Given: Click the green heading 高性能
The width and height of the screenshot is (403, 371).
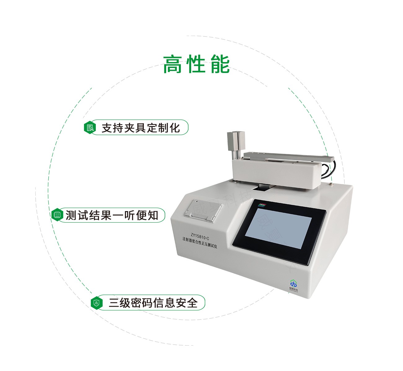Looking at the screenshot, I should (197, 65).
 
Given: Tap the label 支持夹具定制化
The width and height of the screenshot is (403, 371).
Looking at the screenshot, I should (141, 128).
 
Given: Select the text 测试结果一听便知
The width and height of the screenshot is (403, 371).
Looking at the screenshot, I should (112, 215).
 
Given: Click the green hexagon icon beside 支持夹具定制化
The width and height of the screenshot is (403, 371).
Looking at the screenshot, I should (90, 128).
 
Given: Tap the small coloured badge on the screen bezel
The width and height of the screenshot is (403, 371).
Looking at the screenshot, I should (262, 205).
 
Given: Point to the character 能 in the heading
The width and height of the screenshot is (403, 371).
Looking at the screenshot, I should (220, 65).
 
